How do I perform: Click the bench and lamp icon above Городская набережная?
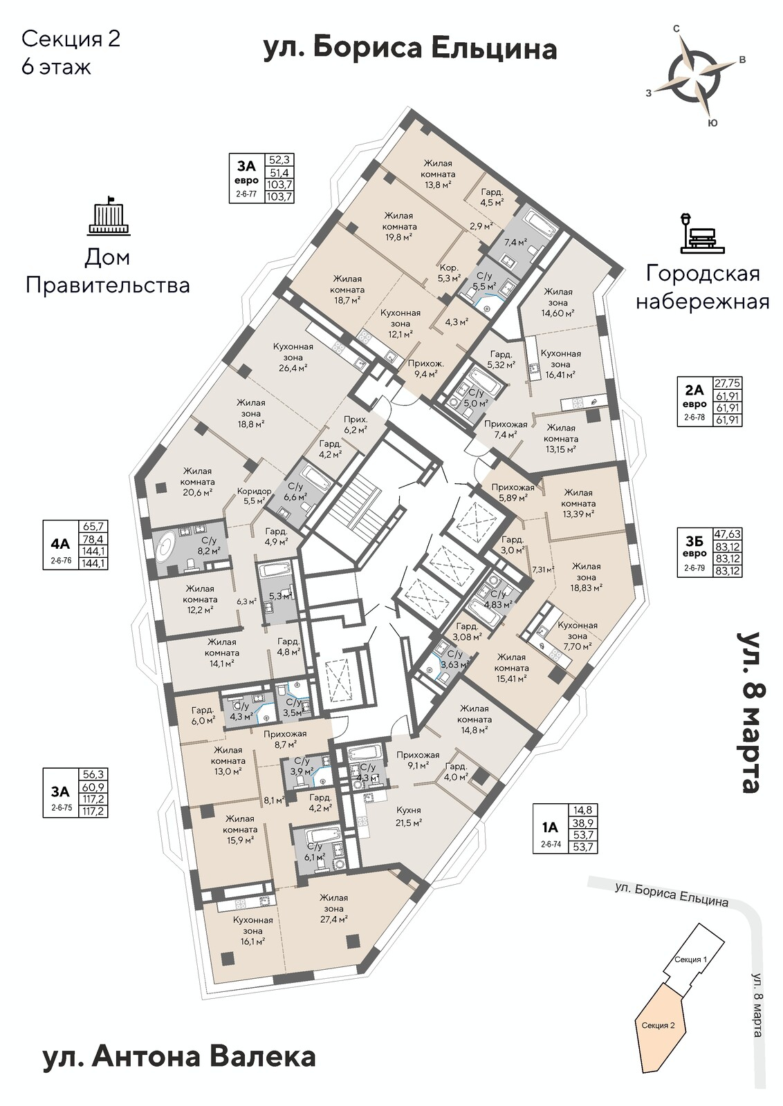(x=702, y=232)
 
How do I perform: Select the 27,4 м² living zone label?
(x=333, y=908)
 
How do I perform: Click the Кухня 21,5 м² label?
(x=409, y=816)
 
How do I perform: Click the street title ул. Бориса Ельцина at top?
(x=410, y=49)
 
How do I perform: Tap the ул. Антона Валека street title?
(x=178, y=1056)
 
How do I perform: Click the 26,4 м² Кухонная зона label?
(x=293, y=357)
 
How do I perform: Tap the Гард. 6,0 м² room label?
(x=203, y=714)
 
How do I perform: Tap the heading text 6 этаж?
(x=57, y=68)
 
